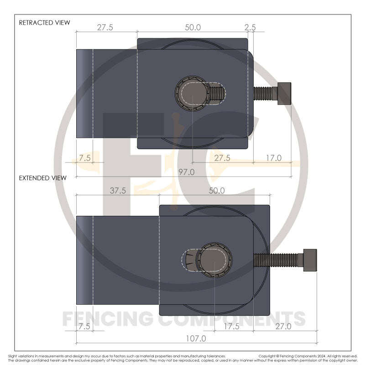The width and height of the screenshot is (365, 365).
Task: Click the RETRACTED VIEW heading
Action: [44, 22]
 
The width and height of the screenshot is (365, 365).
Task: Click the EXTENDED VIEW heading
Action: [42, 178]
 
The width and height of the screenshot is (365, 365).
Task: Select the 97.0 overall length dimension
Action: [187, 172]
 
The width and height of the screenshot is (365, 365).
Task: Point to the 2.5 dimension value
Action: [250, 27]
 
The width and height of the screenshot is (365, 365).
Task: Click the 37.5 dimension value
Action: [118, 191]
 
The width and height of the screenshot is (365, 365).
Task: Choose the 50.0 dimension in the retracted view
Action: [193, 27]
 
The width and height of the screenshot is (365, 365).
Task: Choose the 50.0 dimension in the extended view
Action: [217, 191]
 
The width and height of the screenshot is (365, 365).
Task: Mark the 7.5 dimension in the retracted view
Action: [85, 158]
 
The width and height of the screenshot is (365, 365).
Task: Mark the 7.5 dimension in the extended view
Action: [85, 326]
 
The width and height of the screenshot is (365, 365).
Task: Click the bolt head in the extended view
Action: [309, 260]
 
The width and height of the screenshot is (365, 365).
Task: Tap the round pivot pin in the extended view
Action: [214, 260]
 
